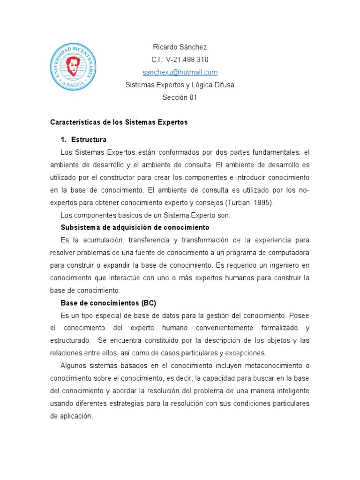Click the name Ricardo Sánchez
180,47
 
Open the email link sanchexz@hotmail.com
180,72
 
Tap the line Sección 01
180,97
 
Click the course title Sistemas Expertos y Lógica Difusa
180,85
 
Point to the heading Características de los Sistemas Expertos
119,122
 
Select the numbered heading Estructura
89,140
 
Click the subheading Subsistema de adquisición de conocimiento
135,227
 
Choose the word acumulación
106,240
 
